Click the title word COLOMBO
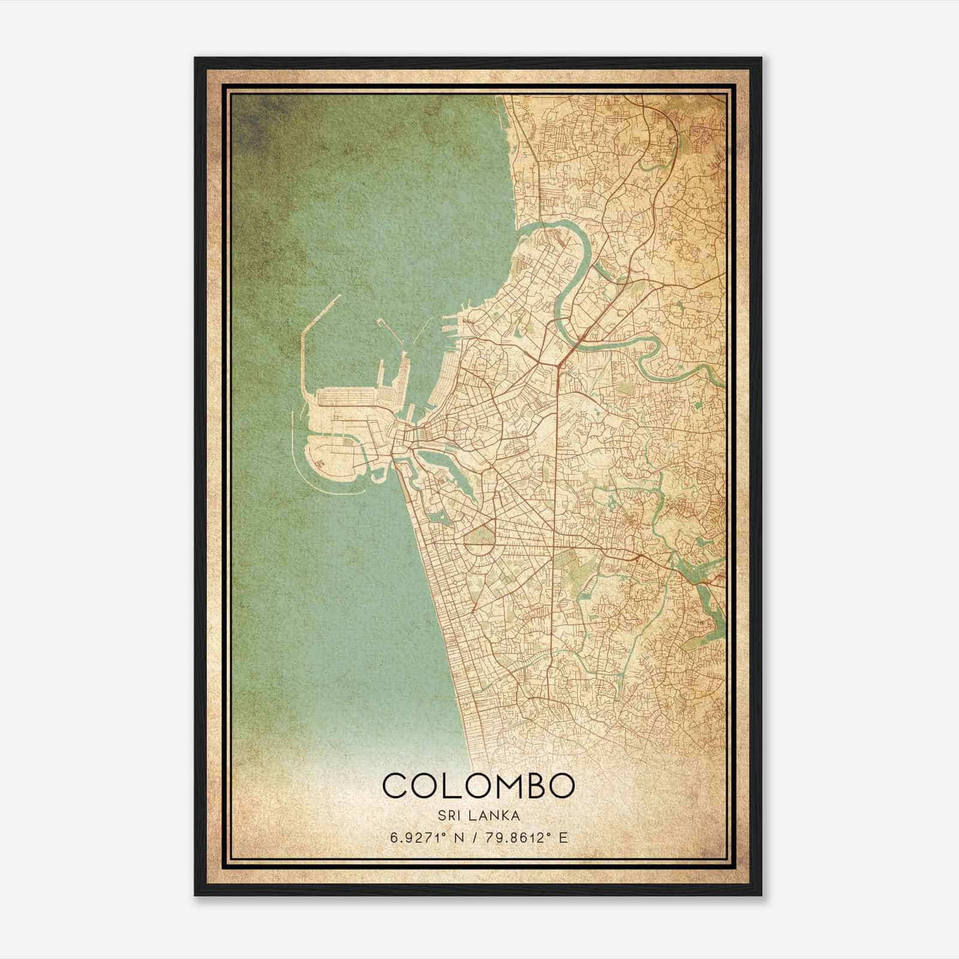(x=478, y=785)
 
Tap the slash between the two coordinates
(x=475, y=837)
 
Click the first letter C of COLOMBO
(x=396, y=785)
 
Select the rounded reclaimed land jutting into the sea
(x=330, y=462)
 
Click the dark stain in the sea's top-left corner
(x=258, y=120)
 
